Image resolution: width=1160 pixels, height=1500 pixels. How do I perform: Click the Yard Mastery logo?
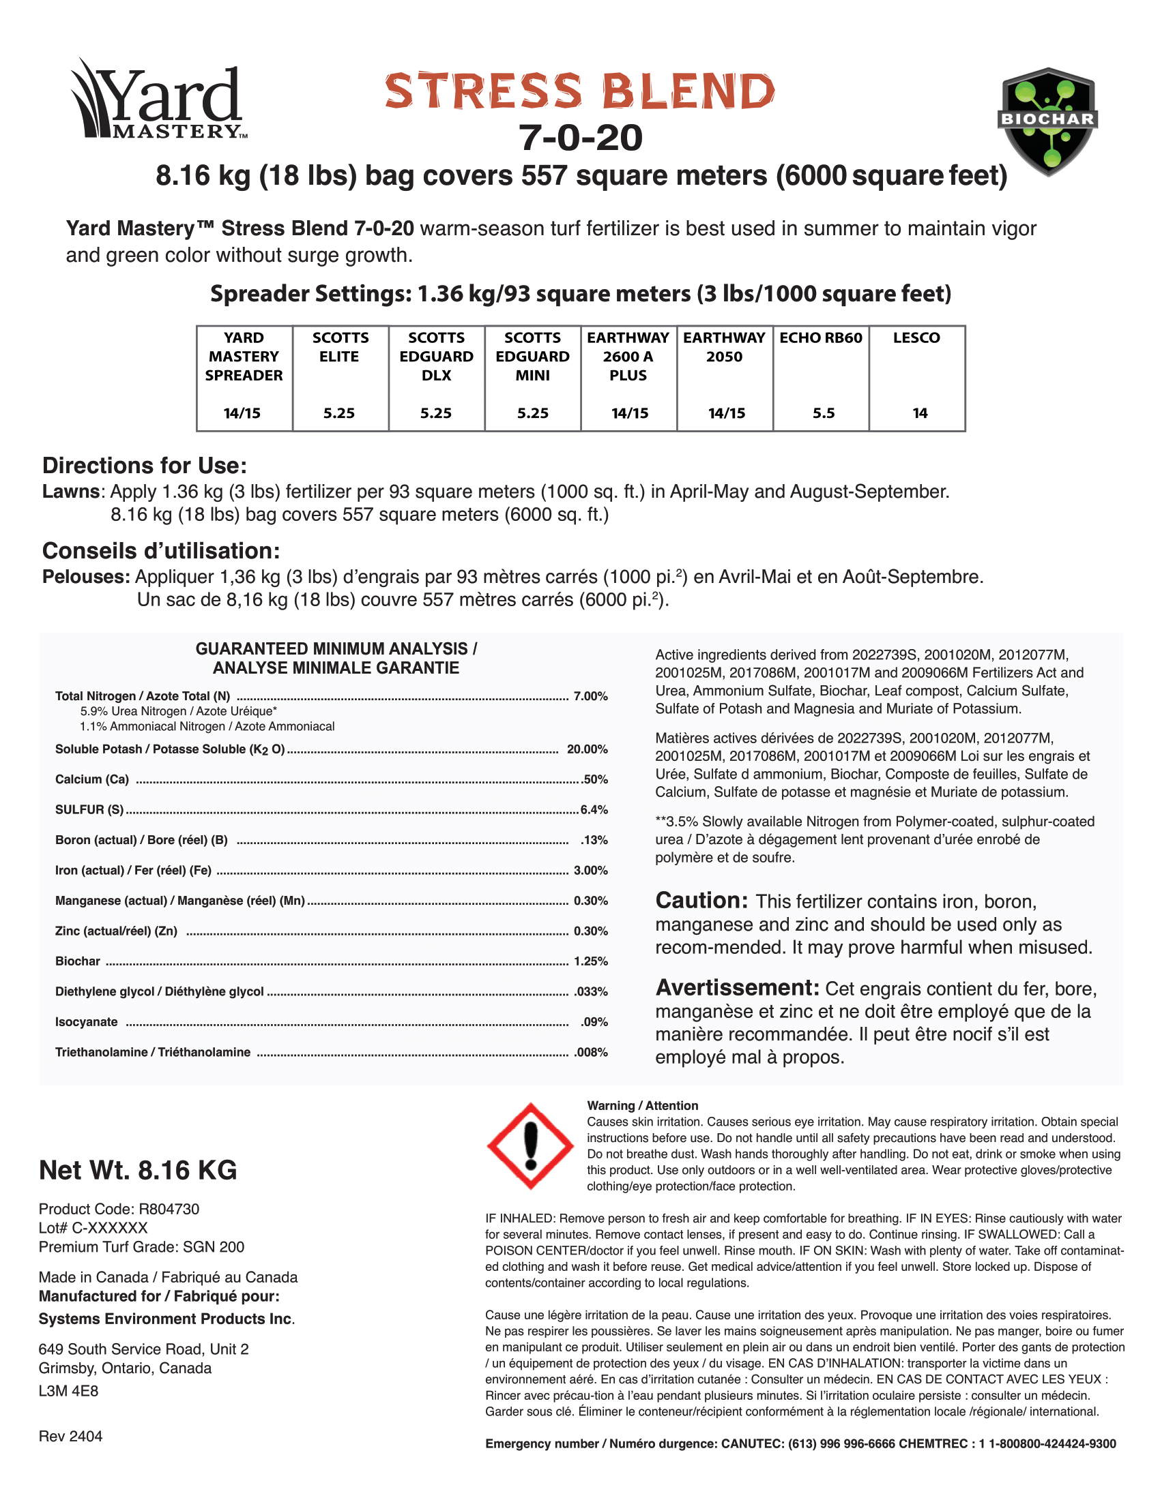pos(158,100)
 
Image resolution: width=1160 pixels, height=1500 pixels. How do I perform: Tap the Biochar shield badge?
pos(1047,121)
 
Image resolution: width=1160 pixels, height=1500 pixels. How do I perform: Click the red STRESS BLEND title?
pos(580,91)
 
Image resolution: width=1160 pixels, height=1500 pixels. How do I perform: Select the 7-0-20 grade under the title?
pos(581,138)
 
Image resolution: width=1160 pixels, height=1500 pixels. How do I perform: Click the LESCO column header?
pos(916,338)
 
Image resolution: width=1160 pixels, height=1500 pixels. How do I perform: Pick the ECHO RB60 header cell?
pos(820,338)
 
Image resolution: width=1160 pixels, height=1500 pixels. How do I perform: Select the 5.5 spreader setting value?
pos(824,413)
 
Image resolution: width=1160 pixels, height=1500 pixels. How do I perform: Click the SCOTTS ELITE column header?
pos(340,347)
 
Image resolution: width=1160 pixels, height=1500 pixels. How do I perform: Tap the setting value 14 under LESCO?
pos(920,413)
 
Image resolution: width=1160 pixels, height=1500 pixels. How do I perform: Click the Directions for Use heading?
pos(144,466)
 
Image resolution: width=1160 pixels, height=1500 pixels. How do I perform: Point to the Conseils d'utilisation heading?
pos(161,551)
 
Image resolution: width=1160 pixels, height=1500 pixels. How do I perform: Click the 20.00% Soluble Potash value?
pos(587,749)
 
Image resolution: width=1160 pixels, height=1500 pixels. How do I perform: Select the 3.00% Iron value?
pos(590,871)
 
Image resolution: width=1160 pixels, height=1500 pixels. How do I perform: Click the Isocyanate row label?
pos(87,1022)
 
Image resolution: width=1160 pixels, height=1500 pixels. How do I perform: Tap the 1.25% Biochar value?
pos(590,961)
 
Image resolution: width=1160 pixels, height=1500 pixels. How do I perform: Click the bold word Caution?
pos(701,901)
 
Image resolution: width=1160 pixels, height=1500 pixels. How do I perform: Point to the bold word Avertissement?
pos(738,988)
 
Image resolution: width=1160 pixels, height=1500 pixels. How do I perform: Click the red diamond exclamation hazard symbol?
pos(530,1146)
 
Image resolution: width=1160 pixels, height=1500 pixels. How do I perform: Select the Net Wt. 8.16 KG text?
pos(138,1170)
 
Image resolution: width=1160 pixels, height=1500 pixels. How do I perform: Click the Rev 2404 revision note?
pos(71,1437)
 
